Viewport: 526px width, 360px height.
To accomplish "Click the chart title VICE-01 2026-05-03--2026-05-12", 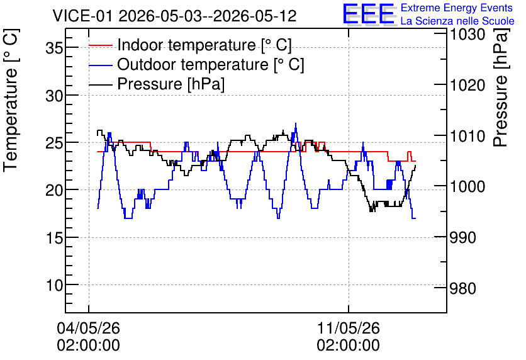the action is coord(174,16).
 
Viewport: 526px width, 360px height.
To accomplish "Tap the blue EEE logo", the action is coord(369,14).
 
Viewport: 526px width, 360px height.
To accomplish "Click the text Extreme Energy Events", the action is coord(457,8).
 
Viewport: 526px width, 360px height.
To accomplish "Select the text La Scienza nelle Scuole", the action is coord(457,21).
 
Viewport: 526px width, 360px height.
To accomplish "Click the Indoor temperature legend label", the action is coord(204,45).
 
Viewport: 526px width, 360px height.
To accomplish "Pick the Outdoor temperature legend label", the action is coord(210,64).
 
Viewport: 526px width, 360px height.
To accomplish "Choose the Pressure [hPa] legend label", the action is coord(171,84).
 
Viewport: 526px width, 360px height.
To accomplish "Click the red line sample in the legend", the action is coord(100,45).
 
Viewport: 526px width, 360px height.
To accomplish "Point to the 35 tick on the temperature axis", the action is coord(54,48).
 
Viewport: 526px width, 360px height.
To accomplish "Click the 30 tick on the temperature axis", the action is coord(54,96).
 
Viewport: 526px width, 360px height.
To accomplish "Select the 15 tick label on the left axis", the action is coord(54,238).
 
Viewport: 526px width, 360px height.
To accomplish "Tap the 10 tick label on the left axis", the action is coord(54,286).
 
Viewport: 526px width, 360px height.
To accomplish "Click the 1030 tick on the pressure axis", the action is coord(467,35).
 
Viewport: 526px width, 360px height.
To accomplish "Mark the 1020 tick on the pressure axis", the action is coord(467,85).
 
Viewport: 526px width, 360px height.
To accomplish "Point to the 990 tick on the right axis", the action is coord(462,237).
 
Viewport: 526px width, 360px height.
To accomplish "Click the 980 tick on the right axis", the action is coord(462,288).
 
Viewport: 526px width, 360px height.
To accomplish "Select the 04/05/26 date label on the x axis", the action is coord(88,328).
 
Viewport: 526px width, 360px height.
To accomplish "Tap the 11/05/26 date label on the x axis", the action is coord(348,328).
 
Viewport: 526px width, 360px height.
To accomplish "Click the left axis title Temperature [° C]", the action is coord(11,100).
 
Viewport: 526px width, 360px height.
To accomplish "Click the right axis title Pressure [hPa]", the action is coord(501,87).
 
